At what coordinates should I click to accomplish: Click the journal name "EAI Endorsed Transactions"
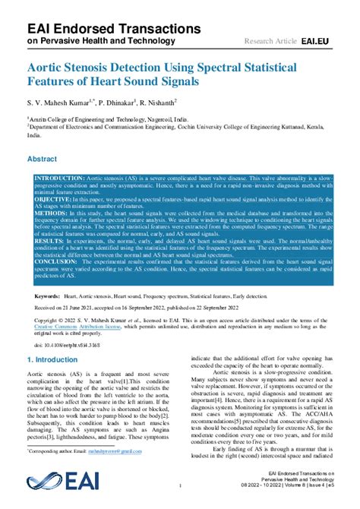103,28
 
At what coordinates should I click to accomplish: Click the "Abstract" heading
42,160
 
